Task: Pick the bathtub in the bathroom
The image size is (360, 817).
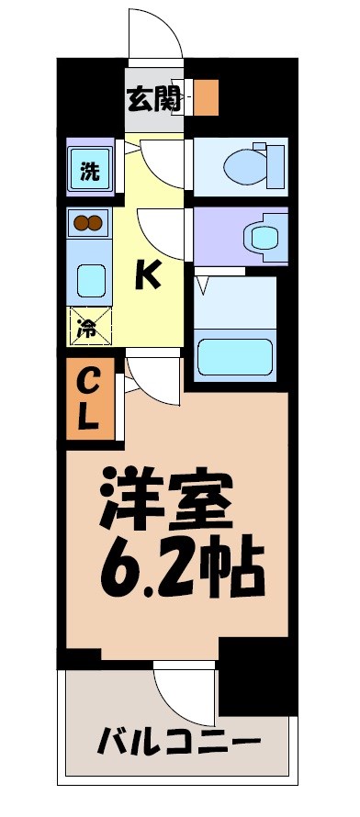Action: [237, 356]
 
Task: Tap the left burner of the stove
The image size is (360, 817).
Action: [81, 223]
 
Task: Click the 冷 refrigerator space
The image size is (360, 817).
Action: [89, 326]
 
